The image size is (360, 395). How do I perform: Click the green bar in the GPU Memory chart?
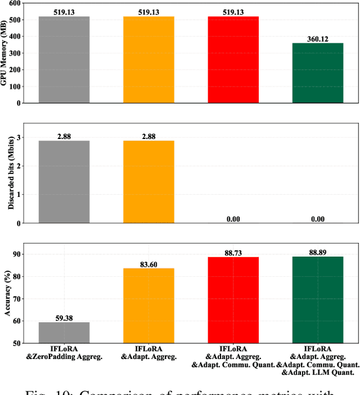pyautogui.click(x=318, y=73)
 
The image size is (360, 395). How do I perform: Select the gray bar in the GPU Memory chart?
pyautogui.click(x=64, y=60)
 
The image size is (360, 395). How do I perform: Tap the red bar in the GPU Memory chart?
pyautogui.click(x=233, y=60)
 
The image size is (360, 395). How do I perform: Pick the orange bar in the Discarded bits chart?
pyautogui.click(x=148, y=182)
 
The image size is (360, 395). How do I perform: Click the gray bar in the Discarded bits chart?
pyautogui.click(x=64, y=182)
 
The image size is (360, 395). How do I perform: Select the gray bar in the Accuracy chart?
pyautogui.click(x=64, y=333)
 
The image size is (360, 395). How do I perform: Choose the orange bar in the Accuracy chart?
pyautogui.click(x=148, y=306)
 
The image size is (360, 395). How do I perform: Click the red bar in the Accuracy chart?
pyautogui.click(x=233, y=300)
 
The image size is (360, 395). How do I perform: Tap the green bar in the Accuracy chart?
pyautogui.click(x=318, y=300)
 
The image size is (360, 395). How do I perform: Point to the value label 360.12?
pyautogui.click(x=318, y=38)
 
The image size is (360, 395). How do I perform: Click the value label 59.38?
pyautogui.click(x=64, y=317)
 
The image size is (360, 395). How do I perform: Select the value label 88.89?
pyautogui.click(x=318, y=252)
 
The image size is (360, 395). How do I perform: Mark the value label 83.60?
pyautogui.click(x=148, y=263)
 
